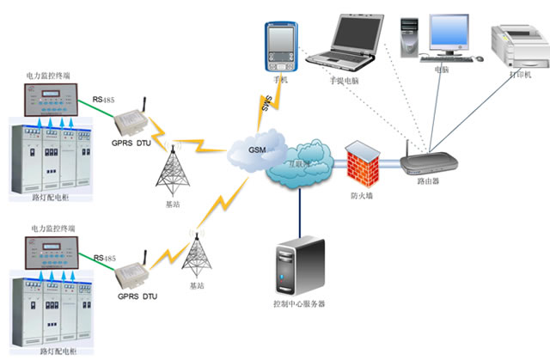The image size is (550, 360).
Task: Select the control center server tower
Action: click(x=299, y=265)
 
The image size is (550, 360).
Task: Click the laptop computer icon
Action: click(x=343, y=40)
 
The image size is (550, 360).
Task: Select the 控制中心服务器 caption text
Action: click(x=298, y=304)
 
